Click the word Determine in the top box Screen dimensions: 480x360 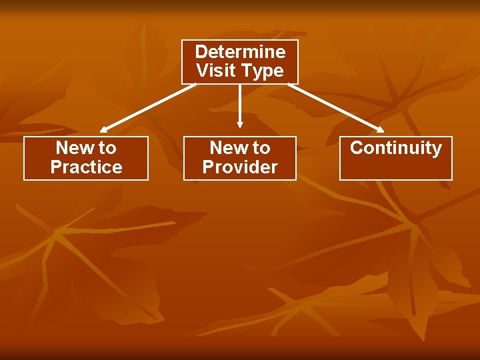[x=240, y=52]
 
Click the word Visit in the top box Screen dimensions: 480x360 [x=213, y=71]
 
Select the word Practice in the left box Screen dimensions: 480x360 [x=86, y=167]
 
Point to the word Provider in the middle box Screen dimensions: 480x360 [x=240, y=167]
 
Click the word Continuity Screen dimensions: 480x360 [x=396, y=148]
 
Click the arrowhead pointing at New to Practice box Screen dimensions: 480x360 [x=104, y=129]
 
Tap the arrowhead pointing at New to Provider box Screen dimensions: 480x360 [x=240, y=124]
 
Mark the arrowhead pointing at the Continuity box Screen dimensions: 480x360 [x=380, y=130]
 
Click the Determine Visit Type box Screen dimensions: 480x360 [x=240, y=61]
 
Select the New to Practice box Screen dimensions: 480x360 [x=86, y=158]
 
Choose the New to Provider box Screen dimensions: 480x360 [x=240, y=158]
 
